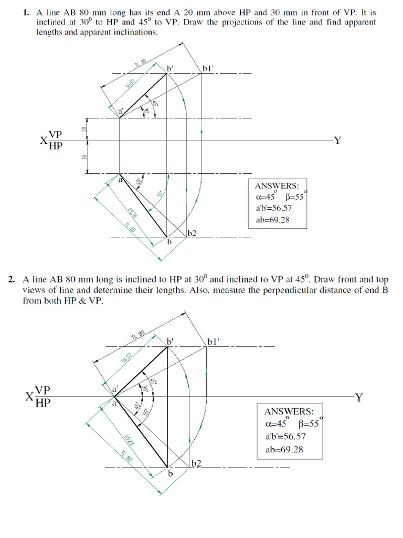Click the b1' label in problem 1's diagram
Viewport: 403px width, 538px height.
(209, 68)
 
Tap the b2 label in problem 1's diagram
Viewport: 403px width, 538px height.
(192, 233)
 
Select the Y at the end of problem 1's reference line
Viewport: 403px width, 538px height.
(338, 140)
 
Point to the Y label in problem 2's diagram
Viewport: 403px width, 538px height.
(358, 397)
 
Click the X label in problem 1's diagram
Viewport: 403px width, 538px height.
(43, 141)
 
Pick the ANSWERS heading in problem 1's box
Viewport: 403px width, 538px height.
(277, 186)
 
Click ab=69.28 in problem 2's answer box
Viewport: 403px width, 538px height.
(284, 450)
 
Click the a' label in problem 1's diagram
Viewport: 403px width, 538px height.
(121, 111)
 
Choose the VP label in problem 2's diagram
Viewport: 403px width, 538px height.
(43, 390)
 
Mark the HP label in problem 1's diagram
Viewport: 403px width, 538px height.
(55, 147)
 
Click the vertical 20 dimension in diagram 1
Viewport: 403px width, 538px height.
(83, 129)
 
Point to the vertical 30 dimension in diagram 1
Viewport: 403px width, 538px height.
(83, 157)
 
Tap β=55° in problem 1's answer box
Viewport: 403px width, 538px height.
(295, 197)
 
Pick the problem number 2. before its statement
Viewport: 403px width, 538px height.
(12, 279)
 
